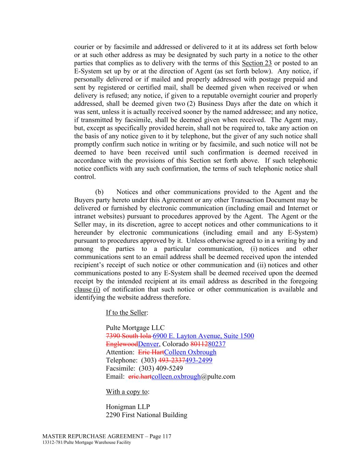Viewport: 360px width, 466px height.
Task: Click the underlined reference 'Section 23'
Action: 257,63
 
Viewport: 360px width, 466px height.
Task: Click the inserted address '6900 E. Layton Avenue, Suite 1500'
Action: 203,336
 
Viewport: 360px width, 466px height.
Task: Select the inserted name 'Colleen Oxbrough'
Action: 190,352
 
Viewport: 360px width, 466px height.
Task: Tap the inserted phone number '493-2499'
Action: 199,361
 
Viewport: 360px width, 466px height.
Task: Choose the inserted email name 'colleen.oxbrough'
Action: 176,377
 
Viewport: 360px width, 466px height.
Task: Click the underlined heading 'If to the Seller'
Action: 126,313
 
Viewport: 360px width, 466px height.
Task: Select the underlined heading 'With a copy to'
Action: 127,392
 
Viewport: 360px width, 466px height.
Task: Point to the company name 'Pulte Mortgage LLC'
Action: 135,328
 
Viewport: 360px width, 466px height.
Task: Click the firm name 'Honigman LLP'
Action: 128,407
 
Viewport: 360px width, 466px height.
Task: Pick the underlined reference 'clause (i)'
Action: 87,290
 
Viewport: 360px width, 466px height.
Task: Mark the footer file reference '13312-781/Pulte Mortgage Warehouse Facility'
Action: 87,443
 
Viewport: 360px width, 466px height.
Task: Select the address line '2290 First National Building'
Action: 146,415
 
